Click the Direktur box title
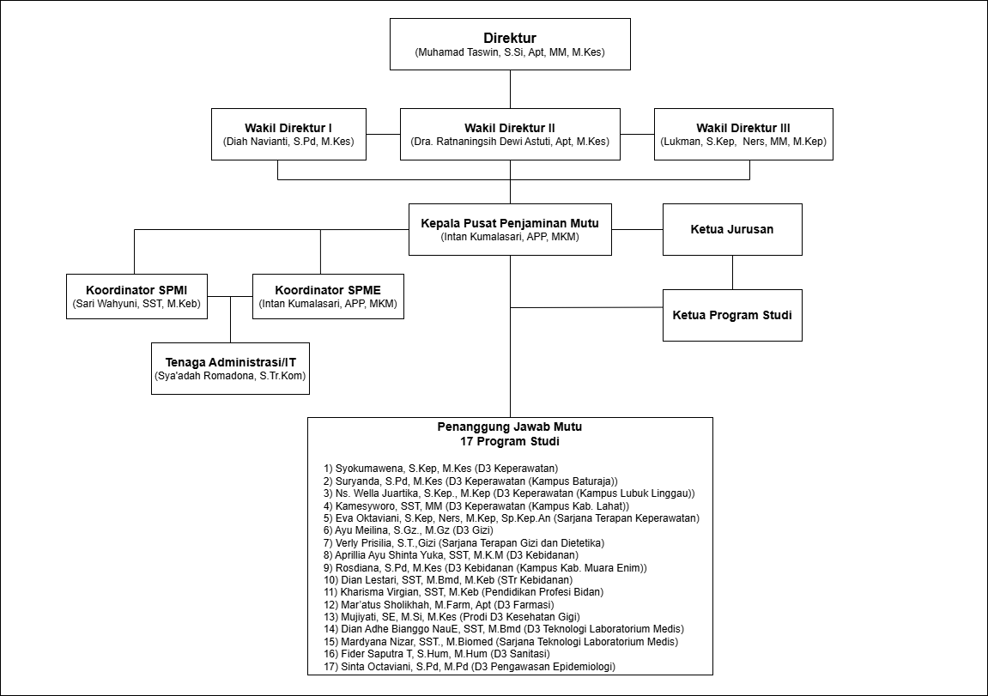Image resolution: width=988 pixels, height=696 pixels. tap(510, 38)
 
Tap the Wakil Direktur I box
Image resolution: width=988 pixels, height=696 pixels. tap(288, 134)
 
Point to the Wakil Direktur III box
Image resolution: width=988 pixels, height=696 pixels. tap(743, 134)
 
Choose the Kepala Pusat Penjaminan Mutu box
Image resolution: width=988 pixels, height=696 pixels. tap(510, 229)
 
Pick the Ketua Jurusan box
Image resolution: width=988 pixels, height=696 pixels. tap(732, 229)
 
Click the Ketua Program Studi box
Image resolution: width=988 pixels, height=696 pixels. tap(732, 315)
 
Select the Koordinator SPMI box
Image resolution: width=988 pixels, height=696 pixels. tap(136, 296)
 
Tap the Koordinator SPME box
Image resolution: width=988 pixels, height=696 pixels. tap(328, 296)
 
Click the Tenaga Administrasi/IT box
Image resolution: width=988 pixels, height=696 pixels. tap(231, 368)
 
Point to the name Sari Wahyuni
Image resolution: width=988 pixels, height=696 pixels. tap(103, 304)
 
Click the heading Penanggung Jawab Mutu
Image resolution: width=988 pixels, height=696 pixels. tap(510, 427)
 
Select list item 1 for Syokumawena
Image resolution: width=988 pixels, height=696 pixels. tap(441, 469)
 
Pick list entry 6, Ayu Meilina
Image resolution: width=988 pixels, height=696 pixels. tap(409, 530)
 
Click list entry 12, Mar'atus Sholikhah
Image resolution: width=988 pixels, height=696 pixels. tap(439, 605)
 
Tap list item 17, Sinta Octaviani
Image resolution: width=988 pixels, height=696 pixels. tap(470, 667)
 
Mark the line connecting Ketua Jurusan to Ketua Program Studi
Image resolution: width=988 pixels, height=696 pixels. tap(732, 272)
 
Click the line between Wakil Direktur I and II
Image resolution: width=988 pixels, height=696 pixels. tap(383, 134)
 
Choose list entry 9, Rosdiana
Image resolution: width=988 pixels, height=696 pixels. tap(485, 567)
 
